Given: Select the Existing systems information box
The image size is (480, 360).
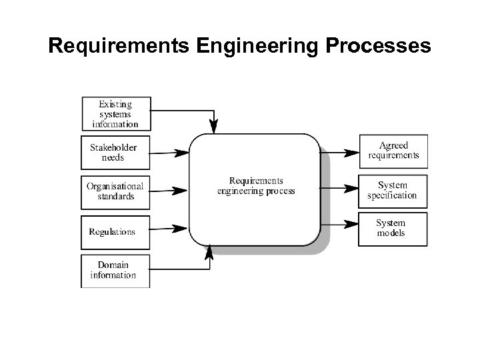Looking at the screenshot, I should [116, 113].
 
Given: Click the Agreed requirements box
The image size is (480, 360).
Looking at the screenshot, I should [393, 151].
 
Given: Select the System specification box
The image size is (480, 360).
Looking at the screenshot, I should [393, 190].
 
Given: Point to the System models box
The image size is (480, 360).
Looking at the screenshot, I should [393, 228].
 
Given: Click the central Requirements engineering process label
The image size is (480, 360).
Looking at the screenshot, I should [256, 186].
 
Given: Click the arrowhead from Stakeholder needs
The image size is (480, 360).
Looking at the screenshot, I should [181, 153].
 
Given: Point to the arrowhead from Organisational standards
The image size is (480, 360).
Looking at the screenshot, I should [181, 191].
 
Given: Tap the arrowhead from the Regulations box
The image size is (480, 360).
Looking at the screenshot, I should [181, 229].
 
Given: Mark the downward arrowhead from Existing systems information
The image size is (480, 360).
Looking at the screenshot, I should [214, 126].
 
